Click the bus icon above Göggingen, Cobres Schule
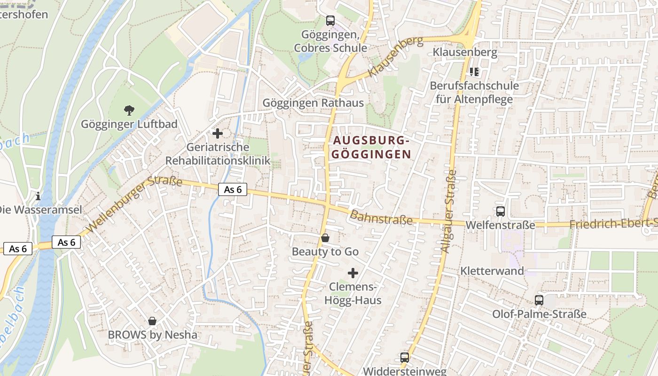[x=330, y=21]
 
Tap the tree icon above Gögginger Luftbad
[x=129, y=111]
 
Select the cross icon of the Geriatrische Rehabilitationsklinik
[x=218, y=133]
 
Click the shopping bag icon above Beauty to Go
[x=325, y=238]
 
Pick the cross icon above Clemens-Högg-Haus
[x=353, y=273]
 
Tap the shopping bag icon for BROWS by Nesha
[x=152, y=321]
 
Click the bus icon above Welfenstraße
[x=501, y=211]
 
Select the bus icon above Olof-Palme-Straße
[x=539, y=300]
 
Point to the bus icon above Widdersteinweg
[x=404, y=358]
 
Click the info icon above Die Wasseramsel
[x=38, y=196]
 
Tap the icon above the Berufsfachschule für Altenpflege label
[x=474, y=72]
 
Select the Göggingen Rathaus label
[x=313, y=102]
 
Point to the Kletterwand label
[x=492, y=271]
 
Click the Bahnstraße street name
[x=381, y=218]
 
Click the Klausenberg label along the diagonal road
[x=395, y=57]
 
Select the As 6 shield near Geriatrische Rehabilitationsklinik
[x=233, y=189]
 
